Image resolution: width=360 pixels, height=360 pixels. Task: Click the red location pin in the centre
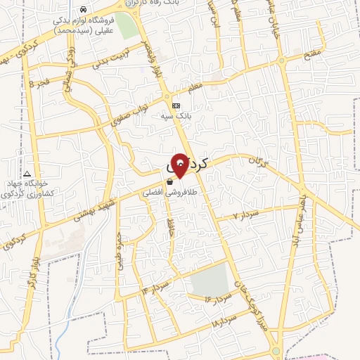tap(180, 164)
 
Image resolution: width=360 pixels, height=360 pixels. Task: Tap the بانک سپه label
tap(181, 115)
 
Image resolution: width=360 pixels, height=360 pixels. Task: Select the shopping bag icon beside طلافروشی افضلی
tap(169, 181)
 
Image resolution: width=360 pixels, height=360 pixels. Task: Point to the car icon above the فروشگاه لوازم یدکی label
tap(84, 10)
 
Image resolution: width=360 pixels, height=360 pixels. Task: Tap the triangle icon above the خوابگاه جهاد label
tap(27, 174)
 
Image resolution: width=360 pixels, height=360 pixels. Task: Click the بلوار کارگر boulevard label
tap(32, 271)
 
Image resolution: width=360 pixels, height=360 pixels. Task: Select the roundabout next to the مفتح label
tap(282, 62)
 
